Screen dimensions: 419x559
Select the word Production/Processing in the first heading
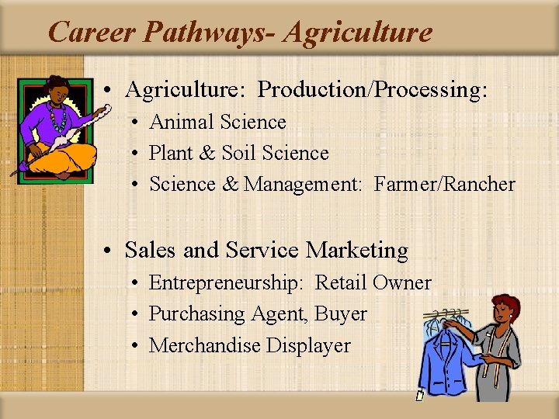(x=373, y=90)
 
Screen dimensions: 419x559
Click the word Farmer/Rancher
(x=445, y=184)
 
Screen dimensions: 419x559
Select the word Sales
(x=151, y=250)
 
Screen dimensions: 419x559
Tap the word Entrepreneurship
(x=226, y=283)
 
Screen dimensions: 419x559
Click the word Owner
(x=401, y=283)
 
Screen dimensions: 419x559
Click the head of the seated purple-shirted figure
(x=56, y=88)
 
